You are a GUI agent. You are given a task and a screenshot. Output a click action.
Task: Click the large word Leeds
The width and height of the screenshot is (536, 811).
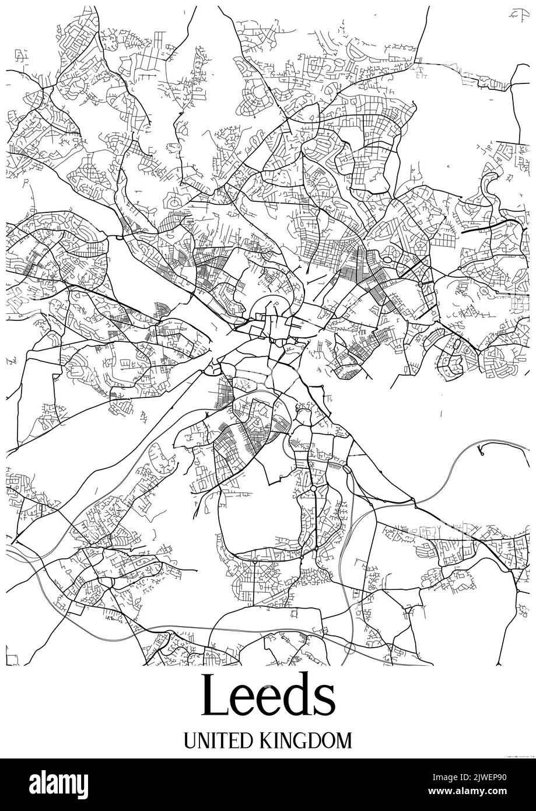268,697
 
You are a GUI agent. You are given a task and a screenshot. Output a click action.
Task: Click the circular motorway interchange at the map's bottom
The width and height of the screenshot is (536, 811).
350,648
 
